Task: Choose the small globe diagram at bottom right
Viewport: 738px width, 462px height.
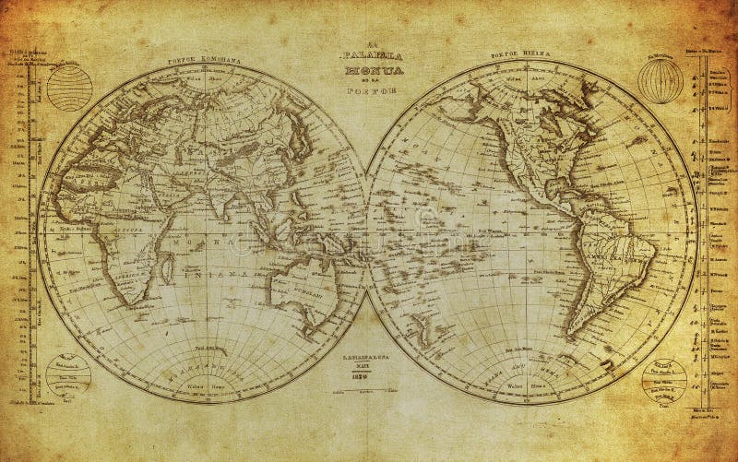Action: [663, 373]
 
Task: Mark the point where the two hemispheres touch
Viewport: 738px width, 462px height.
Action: [368, 231]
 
